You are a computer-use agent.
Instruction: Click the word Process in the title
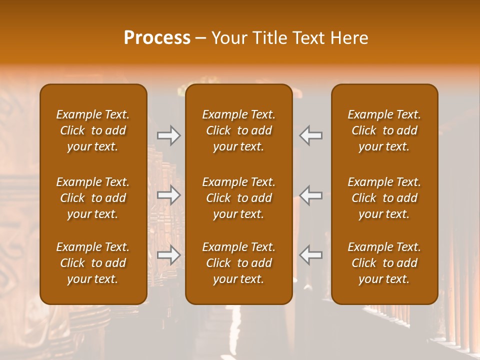click(x=157, y=38)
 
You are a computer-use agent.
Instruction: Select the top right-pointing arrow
click(x=169, y=135)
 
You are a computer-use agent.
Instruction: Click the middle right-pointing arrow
click(x=169, y=195)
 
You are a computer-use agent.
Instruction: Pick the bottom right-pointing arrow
click(x=169, y=255)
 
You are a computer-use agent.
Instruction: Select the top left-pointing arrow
click(x=311, y=135)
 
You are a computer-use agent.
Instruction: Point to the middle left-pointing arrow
click(x=311, y=195)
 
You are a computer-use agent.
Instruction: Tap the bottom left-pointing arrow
click(x=311, y=255)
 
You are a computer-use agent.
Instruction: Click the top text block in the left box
click(x=93, y=130)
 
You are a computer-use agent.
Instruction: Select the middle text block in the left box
click(x=93, y=198)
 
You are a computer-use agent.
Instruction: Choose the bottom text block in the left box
click(x=93, y=263)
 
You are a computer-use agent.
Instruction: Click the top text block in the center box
click(x=239, y=130)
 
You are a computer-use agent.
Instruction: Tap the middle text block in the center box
click(x=239, y=198)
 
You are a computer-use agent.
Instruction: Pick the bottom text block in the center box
click(x=239, y=263)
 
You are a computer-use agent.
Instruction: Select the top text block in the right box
click(x=384, y=130)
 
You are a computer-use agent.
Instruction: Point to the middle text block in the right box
click(x=384, y=198)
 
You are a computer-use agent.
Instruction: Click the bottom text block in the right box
click(x=384, y=263)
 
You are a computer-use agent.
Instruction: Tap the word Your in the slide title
click(x=228, y=38)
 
